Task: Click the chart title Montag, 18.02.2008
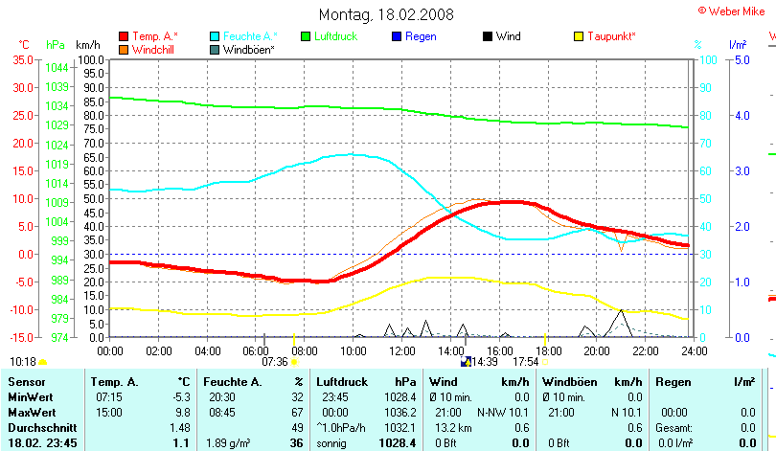tap(388, 14)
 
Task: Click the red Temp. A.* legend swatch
tap(124, 36)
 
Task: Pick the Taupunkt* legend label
tap(611, 36)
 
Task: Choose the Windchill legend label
tap(153, 49)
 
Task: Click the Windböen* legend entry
tap(248, 49)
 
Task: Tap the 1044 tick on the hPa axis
tap(57, 68)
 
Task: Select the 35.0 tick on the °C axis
tap(24, 59)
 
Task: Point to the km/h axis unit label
tap(87, 45)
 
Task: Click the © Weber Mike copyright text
tap(732, 10)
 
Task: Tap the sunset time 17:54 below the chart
tap(526, 362)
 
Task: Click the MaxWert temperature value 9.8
tap(182, 411)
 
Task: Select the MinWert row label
tap(30, 396)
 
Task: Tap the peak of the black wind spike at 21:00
tap(621, 309)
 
